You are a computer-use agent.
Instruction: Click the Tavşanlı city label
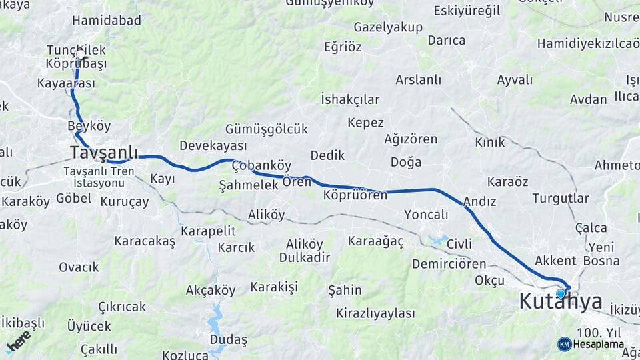(104, 153)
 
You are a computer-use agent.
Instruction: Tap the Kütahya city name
(561, 302)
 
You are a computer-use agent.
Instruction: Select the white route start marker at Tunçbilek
(81, 54)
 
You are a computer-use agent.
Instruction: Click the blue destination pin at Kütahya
(561, 293)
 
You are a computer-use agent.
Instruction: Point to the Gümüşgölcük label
(267, 129)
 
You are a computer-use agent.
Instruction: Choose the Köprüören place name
(355, 195)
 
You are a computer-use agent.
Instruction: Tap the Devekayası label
(213, 145)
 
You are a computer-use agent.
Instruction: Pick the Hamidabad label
(107, 21)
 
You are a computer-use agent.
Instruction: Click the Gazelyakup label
(388, 27)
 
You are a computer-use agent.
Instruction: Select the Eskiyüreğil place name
(467, 11)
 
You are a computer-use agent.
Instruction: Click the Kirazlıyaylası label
(375, 313)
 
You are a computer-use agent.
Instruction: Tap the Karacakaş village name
(145, 241)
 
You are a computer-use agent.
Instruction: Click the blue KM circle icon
(565, 344)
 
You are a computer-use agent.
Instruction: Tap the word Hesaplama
(599, 345)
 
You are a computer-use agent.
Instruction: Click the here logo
(19, 341)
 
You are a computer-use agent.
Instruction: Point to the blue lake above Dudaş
(216, 320)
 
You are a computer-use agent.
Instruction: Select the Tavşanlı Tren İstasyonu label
(99, 177)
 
